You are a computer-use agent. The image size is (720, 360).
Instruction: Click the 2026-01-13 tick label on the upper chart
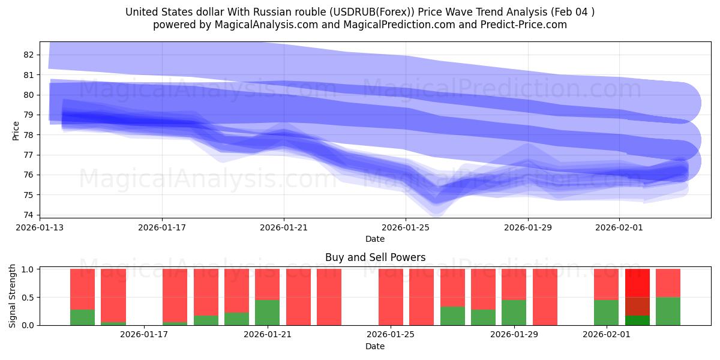(40, 227)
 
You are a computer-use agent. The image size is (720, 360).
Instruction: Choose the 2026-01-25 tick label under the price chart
(406, 227)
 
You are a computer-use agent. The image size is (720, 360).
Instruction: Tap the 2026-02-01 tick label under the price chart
(619, 227)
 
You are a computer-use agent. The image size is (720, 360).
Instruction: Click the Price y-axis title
(16, 131)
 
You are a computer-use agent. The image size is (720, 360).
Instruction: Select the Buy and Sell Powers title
(375, 257)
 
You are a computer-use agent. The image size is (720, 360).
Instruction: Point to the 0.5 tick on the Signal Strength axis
(28, 297)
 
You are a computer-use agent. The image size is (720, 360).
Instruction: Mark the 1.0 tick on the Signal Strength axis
(28, 269)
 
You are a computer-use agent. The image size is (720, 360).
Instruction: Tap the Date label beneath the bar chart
(375, 346)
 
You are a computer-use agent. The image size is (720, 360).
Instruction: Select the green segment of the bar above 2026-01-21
(267, 313)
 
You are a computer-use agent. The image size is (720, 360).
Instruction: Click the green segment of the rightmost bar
(668, 311)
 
